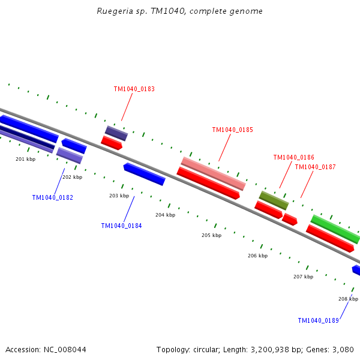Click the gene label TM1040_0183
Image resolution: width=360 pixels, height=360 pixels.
coord(134,89)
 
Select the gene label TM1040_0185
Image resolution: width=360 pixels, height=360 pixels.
coord(232,130)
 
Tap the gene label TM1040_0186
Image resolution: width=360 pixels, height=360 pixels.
coord(293,157)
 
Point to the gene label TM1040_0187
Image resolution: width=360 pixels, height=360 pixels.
coord(315,167)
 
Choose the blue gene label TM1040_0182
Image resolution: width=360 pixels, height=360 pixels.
coord(52,197)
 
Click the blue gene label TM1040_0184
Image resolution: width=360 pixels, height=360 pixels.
coord(121,226)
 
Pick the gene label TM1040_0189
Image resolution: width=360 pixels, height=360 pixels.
coord(318,320)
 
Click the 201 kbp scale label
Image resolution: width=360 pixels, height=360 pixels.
coord(25,159)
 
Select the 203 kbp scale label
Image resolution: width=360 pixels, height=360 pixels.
coord(119,196)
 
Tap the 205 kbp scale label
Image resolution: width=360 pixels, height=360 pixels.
coord(211,235)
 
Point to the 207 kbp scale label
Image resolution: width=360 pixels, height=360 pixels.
coord(303,277)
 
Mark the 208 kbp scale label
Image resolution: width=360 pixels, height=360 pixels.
coord(348,299)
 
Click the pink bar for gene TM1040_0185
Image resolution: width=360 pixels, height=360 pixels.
coord(213,173)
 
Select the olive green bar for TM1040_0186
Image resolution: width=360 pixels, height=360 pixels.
coord(274,200)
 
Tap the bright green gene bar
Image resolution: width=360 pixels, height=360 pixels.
coord(335,229)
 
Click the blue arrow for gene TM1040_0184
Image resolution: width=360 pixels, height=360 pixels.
coord(144,174)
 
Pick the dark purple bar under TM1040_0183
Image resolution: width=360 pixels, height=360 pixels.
coord(116,133)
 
